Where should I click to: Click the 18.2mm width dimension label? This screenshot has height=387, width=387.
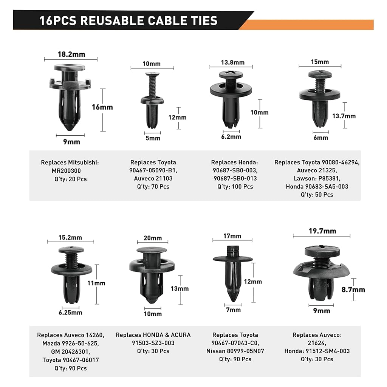(x=71, y=54)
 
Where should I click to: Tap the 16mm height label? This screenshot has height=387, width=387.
(x=102, y=107)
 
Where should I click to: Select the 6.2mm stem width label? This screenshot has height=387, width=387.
(x=231, y=137)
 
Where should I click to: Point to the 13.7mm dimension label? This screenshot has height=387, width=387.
(x=344, y=116)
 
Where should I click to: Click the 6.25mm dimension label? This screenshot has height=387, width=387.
(x=70, y=313)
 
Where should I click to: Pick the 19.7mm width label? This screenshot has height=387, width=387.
(x=322, y=231)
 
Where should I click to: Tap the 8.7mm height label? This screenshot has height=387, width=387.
(x=353, y=290)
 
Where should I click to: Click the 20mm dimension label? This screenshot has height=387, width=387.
(x=153, y=238)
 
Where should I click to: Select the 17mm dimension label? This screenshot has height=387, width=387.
(x=232, y=236)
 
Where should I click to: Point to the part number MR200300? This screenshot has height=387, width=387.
(x=66, y=171)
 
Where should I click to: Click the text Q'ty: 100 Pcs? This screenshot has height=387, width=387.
(x=235, y=187)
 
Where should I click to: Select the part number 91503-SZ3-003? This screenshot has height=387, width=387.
(x=153, y=343)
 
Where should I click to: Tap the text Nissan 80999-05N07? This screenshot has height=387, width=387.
(x=235, y=351)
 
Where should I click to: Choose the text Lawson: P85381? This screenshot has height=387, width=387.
(x=317, y=178)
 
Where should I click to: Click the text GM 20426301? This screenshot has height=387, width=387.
(x=70, y=351)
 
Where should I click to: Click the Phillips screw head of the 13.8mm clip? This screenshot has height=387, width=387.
(x=231, y=74)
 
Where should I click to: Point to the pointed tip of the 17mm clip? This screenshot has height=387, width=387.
(x=233, y=300)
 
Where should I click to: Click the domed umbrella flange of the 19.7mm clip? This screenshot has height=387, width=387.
(x=321, y=270)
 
